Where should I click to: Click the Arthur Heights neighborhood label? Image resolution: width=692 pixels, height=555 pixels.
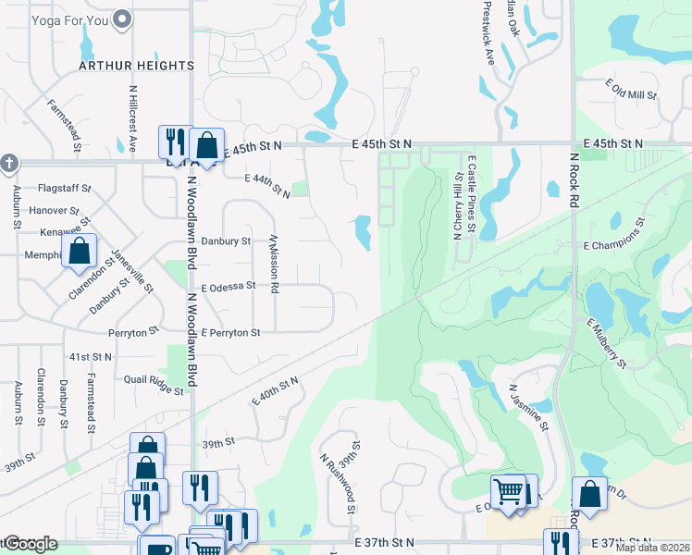tap(136, 66)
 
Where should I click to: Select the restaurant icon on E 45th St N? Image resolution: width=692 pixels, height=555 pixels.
tap(173, 142)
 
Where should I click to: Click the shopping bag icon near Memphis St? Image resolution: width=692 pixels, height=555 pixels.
tap(80, 250)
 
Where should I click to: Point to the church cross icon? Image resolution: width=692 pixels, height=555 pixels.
tap(8, 163)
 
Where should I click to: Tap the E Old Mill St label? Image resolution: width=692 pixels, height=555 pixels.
tap(631, 90)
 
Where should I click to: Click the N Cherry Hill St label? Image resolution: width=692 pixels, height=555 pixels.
tap(456, 204)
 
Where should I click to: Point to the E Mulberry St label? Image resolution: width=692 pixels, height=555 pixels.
tap(607, 342)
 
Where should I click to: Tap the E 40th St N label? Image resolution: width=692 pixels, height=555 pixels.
tap(276, 390)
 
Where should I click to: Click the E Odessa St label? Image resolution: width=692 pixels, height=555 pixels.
tap(228, 287)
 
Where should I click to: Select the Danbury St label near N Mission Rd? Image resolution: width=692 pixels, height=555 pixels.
tap(226, 241)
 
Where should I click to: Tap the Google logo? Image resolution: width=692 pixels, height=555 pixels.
tap(30, 544)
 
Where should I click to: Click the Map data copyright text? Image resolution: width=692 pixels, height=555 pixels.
tap(651, 548)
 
